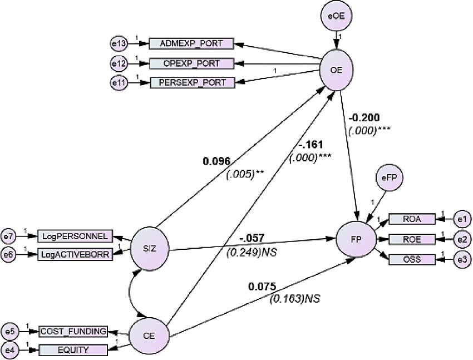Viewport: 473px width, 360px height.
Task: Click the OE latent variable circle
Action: (x=336, y=71)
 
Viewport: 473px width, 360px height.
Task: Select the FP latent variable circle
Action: (x=356, y=240)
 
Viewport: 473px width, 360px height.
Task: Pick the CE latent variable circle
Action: (x=149, y=336)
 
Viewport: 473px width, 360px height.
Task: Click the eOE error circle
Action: (x=336, y=16)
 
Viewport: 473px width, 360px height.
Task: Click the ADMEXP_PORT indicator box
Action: (x=191, y=43)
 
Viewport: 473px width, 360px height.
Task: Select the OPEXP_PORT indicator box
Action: (x=191, y=63)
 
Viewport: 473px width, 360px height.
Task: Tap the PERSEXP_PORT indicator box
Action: (x=193, y=82)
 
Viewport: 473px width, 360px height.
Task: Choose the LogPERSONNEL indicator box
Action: (x=75, y=236)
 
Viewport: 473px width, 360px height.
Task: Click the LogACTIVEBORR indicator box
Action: (x=75, y=255)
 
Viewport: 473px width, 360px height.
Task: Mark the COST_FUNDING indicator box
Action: (x=73, y=331)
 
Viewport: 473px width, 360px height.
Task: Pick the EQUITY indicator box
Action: (x=73, y=350)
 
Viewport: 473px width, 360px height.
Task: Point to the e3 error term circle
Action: (x=462, y=259)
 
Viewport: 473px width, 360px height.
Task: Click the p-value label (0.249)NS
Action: (x=252, y=252)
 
